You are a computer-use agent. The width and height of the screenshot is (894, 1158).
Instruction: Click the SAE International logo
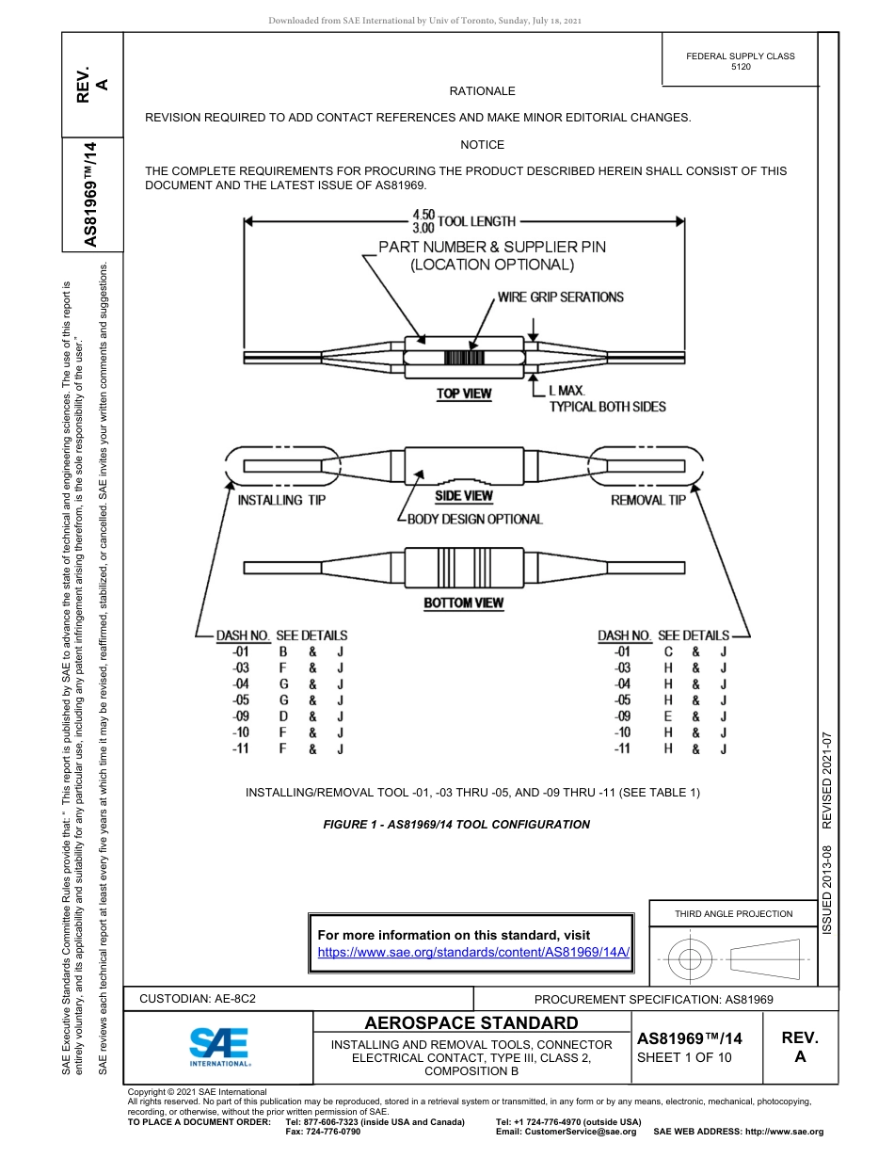click(x=219, y=1045)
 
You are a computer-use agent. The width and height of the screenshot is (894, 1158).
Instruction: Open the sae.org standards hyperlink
click(x=473, y=952)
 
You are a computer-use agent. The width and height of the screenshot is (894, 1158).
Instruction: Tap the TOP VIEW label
click(x=463, y=394)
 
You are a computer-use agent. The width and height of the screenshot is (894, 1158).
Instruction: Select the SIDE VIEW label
click(x=464, y=496)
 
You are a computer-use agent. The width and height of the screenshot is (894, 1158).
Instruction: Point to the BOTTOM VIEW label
click(x=463, y=603)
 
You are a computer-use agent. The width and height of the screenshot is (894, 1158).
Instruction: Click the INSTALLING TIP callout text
click(x=281, y=501)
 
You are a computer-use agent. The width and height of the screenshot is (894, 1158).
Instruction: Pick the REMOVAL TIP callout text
click(x=648, y=501)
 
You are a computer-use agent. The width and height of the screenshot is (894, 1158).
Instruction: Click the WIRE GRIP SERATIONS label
click(x=560, y=297)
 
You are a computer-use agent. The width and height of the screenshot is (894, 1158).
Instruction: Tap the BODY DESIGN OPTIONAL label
click(x=475, y=519)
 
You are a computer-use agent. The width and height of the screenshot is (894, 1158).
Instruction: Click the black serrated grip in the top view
click(x=463, y=358)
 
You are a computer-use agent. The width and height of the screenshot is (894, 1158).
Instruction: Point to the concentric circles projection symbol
click(x=691, y=960)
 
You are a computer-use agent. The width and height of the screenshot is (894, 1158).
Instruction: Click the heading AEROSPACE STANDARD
click(x=471, y=1023)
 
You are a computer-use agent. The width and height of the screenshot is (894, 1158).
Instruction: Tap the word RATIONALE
click(x=482, y=91)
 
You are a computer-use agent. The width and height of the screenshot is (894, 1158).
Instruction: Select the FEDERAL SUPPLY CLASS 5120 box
click(x=740, y=61)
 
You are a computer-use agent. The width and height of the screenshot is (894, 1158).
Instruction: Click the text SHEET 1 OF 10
click(x=683, y=1057)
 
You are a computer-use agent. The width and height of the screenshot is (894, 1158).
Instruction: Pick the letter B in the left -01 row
click(x=283, y=651)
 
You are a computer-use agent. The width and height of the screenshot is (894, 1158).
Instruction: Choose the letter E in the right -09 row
click(x=667, y=716)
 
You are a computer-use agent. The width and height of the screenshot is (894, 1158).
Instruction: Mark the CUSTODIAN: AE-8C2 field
click(x=198, y=999)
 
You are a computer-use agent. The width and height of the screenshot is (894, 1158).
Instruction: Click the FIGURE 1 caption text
click(x=456, y=824)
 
